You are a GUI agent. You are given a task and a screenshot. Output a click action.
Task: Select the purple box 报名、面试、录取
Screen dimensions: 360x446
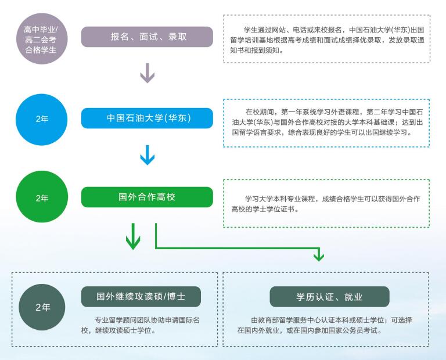[x=147, y=37]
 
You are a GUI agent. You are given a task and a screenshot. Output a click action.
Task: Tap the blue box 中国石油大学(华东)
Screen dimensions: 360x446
[x=147, y=118]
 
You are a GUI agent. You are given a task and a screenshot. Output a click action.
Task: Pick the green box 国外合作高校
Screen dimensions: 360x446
[x=147, y=197]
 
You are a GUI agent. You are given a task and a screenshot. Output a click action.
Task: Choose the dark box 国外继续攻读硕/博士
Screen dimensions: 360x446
[x=141, y=296]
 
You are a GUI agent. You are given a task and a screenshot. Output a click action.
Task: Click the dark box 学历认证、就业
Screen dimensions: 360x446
[x=329, y=296]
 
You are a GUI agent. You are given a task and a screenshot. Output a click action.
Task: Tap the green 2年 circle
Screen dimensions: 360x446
[x=42, y=197]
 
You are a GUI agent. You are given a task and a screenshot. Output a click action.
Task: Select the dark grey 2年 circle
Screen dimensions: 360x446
[x=43, y=307]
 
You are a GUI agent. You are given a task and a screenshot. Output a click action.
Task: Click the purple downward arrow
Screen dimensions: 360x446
[x=148, y=73]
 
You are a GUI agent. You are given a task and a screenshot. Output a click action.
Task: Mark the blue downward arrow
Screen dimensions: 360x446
[x=148, y=154]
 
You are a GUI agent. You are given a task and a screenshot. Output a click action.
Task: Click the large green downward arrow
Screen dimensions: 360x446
[x=134, y=236]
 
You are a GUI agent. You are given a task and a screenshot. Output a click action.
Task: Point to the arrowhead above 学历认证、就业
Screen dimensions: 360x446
[x=318, y=255]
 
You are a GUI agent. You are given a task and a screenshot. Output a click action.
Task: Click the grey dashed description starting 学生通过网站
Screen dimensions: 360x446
[x=326, y=39]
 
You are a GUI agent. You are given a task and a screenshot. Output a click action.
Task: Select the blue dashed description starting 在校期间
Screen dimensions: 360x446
[x=326, y=122]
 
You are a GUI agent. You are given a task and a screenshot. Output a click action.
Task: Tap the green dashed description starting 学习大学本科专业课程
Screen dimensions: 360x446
[x=326, y=203]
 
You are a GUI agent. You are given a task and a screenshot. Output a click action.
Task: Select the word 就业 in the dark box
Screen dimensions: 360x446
[x=353, y=297]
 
